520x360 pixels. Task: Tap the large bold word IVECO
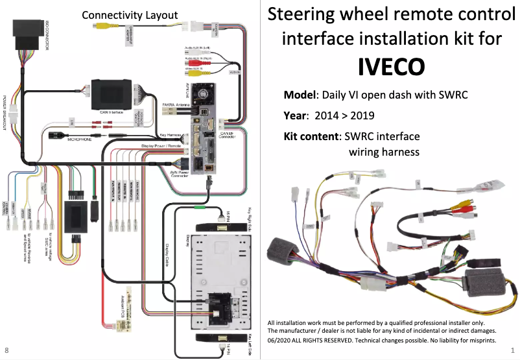click(392, 66)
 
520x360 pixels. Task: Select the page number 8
click(6, 351)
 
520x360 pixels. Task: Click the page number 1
click(512, 351)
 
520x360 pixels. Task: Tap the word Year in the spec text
click(296, 116)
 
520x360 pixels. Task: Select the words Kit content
click(311, 137)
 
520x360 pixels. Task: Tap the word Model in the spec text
click(299, 95)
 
